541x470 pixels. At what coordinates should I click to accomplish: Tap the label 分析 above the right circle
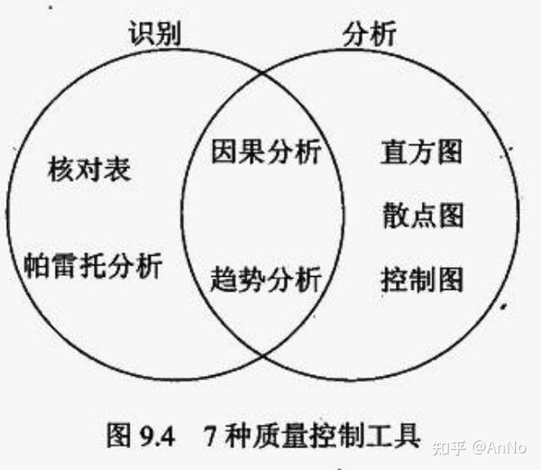click(x=370, y=34)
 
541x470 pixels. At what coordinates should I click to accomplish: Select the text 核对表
click(x=90, y=168)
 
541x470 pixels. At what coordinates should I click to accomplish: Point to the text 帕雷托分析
click(x=94, y=265)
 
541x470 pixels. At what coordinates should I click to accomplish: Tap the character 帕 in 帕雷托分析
click(x=36, y=265)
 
